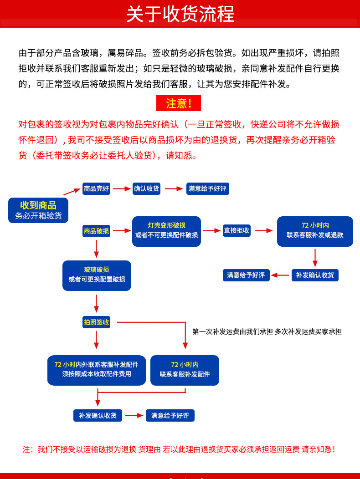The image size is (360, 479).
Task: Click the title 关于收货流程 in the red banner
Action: [180, 14]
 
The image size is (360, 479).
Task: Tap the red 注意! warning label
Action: [178, 103]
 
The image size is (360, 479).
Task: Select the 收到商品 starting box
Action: [38, 210]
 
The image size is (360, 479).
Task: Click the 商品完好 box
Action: [96, 189]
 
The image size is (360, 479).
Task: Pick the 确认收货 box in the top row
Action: [147, 189]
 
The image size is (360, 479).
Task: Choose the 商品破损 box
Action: [96, 231]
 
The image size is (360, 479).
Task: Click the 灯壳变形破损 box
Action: [166, 231]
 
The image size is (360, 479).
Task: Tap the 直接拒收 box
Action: [237, 230]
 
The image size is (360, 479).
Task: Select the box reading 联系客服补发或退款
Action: [315, 231]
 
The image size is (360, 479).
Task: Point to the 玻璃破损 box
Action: [97, 275]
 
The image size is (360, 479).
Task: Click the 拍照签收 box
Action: [96, 322]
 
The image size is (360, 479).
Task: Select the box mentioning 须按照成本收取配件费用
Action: [96, 370]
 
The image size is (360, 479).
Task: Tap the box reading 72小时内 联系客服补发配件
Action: [185, 370]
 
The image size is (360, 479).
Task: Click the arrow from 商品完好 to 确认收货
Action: [122, 189]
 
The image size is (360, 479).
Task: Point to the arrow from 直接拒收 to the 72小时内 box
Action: [263, 230]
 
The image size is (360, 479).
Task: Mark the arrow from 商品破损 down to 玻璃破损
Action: [96, 249]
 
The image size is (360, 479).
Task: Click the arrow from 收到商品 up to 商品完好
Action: [72, 191]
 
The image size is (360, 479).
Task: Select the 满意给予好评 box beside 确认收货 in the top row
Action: [207, 189]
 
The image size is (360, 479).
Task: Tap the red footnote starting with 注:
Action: [179, 449]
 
